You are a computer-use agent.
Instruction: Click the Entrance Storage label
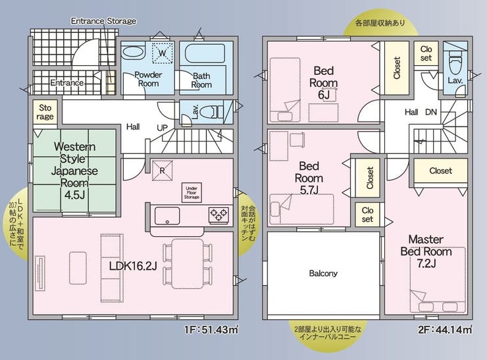103,21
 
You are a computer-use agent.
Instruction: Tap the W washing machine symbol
162,53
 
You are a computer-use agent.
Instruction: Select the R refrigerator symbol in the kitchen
162,170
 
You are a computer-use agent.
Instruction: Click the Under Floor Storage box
192,193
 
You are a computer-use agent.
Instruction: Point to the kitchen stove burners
219,215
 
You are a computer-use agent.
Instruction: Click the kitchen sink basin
167,216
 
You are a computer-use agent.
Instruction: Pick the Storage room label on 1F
45,112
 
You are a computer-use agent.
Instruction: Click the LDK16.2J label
133,266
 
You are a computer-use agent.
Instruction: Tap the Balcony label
323,273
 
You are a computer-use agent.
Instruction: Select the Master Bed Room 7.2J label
426,251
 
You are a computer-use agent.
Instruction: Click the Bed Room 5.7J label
309,178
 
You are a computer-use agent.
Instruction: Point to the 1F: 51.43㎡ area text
211,329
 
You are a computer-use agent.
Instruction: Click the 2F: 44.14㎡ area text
445,329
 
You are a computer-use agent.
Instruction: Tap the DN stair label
431,112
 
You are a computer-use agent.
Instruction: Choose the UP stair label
162,128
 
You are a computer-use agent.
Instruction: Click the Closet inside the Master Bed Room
441,170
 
